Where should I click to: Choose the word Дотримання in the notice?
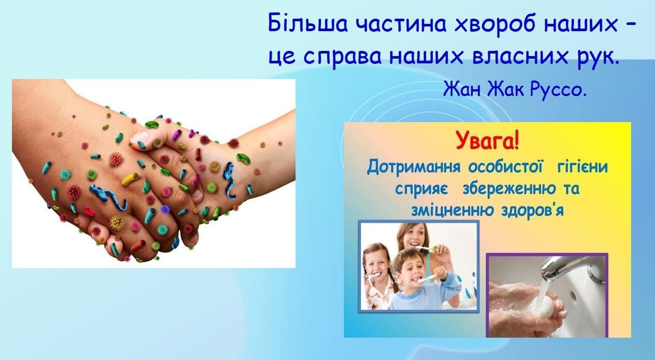click(413, 167)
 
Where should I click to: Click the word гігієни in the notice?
click(582, 167)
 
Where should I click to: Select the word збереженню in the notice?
click(509, 189)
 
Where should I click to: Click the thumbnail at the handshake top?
click(140, 138)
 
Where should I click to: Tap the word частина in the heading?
click(401, 24)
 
